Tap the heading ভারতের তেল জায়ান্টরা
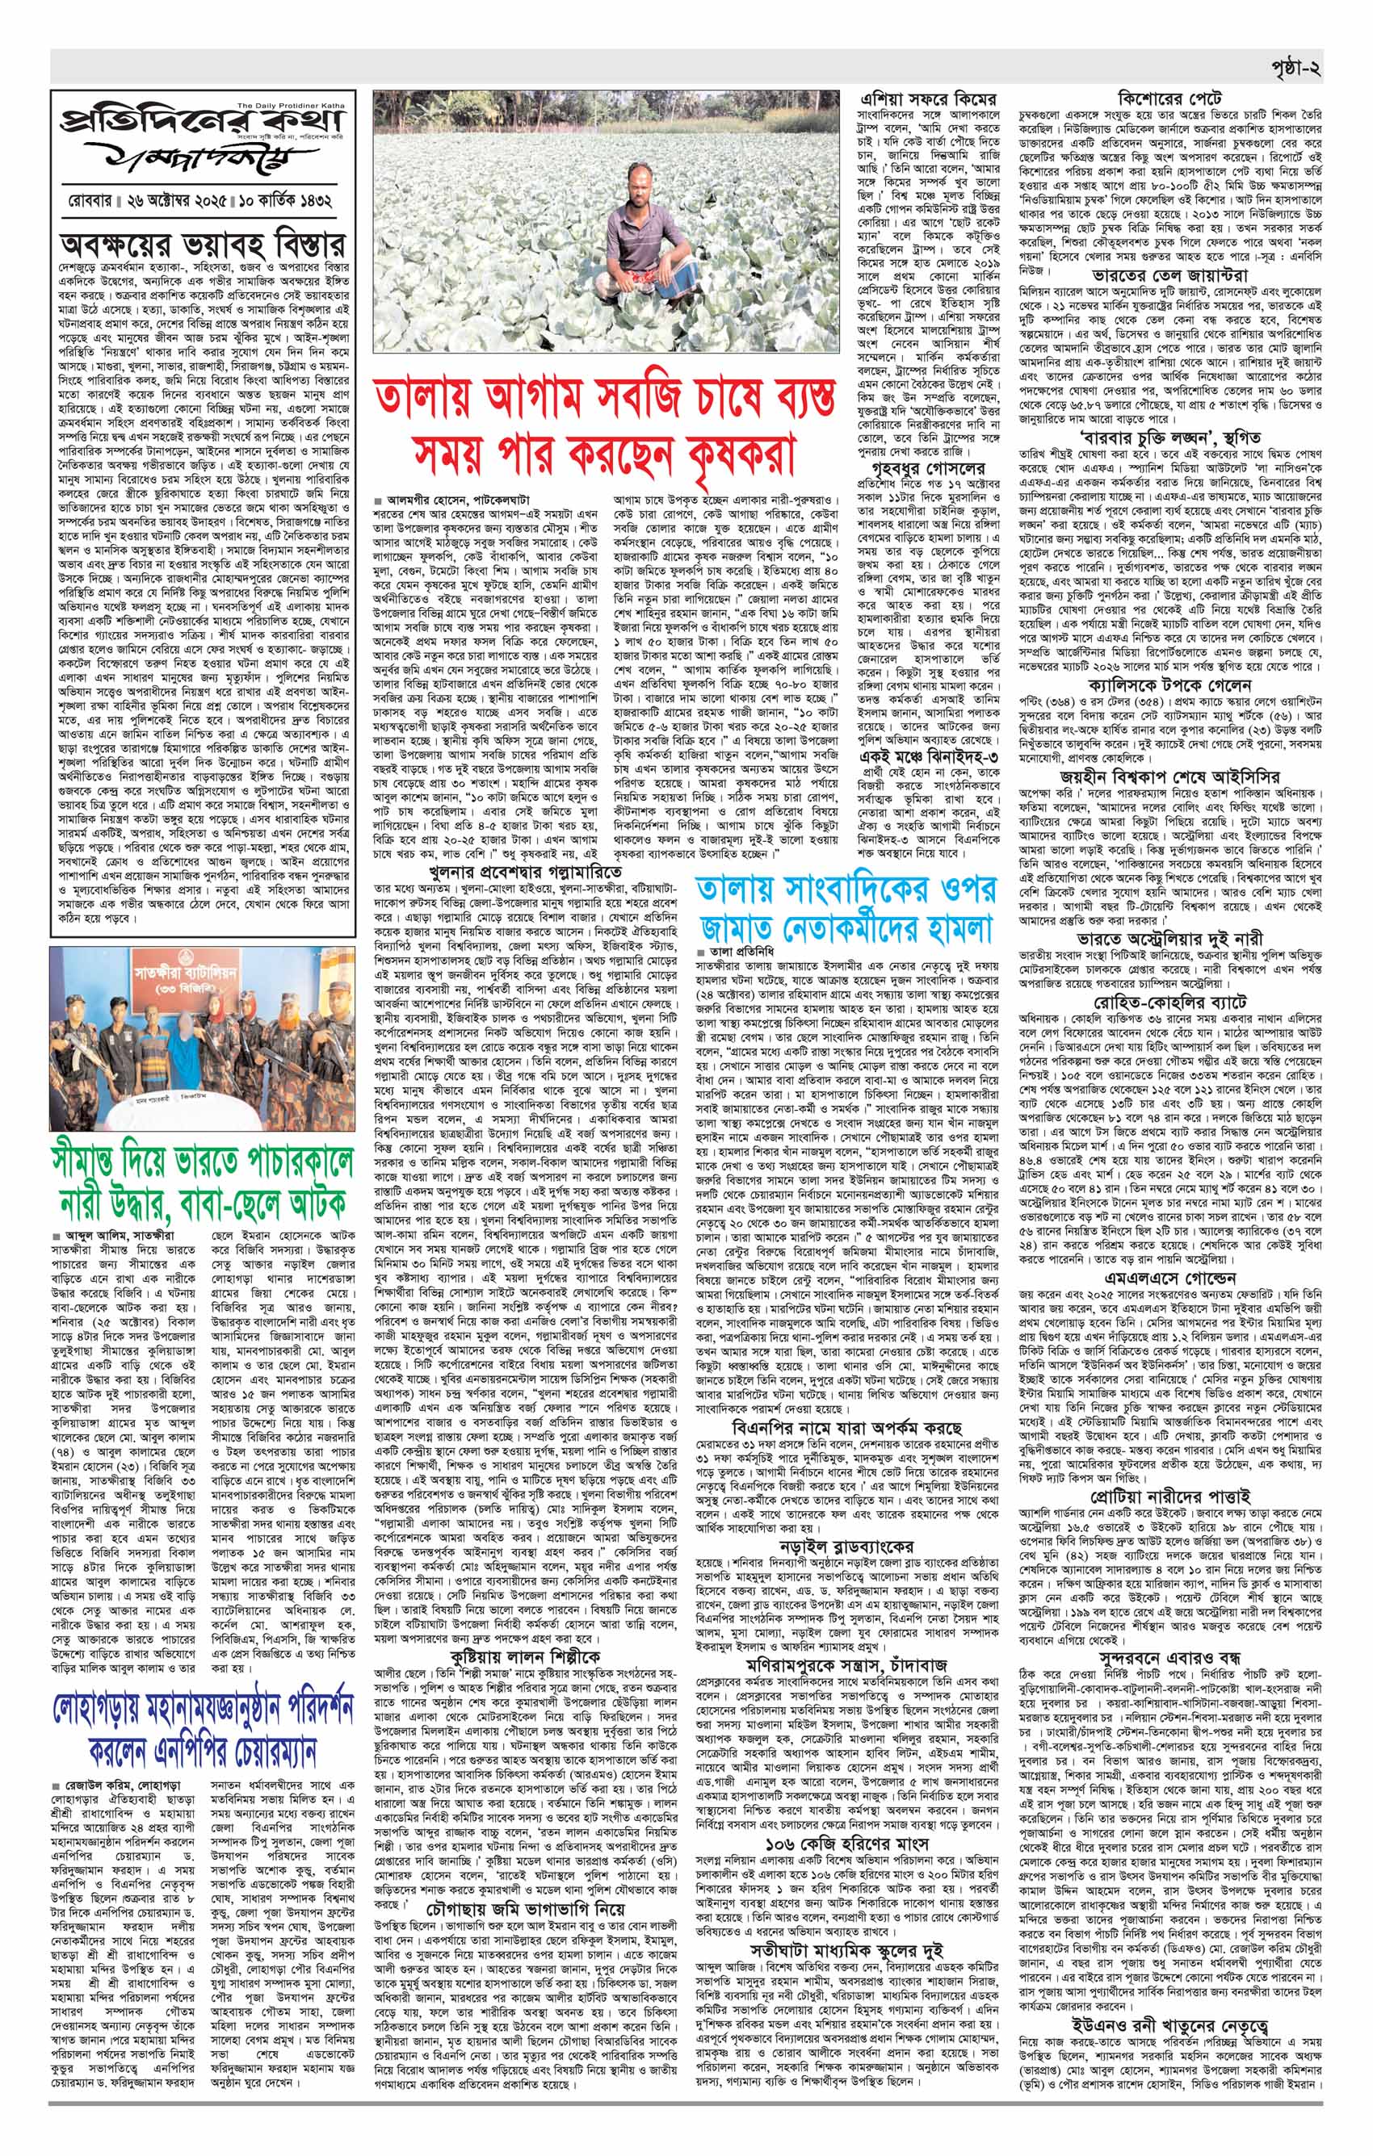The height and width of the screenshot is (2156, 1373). (x=1169, y=275)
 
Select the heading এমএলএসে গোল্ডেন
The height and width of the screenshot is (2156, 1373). (x=1169, y=1277)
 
